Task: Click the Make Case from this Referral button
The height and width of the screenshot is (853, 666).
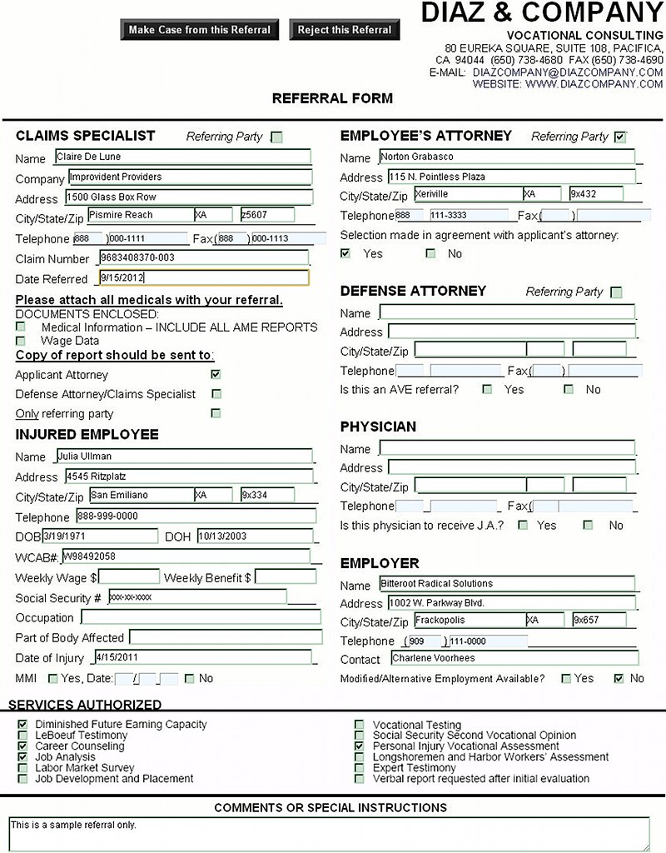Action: coord(200,30)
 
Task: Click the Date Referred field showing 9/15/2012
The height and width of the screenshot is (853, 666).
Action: coord(203,278)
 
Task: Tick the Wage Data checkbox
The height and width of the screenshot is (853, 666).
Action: coord(21,340)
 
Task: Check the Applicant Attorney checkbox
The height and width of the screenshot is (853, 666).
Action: coord(216,375)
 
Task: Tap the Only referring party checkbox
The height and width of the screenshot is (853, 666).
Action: coord(216,413)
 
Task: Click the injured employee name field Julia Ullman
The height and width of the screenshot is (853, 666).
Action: coord(183,456)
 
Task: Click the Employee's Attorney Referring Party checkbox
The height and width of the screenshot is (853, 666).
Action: coord(619,137)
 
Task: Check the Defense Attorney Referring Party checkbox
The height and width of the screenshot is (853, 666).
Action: coord(616,292)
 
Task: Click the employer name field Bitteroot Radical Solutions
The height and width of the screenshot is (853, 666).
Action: coord(506,584)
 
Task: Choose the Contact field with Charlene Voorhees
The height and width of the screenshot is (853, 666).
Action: coord(513,658)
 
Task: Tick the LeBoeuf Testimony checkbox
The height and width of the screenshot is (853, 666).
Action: coord(22,736)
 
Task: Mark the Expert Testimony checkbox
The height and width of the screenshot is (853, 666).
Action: coord(360,768)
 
